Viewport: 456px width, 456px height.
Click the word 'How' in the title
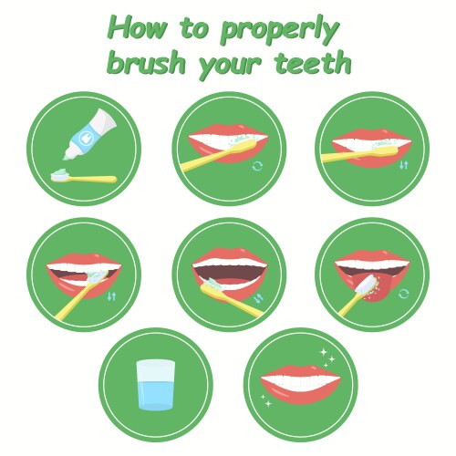(137, 28)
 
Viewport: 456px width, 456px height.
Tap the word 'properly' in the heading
(280, 32)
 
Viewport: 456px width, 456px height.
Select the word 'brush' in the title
(147, 62)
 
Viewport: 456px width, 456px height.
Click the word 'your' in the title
(230, 67)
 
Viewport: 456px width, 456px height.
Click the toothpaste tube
(90, 134)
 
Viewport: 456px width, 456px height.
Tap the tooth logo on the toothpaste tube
(84, 139)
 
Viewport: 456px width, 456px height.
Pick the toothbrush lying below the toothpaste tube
(83, 177)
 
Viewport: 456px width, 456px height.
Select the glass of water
(156, 385)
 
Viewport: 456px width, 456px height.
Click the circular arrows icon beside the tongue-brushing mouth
(403, 294)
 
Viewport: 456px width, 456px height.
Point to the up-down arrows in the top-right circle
(404, 165)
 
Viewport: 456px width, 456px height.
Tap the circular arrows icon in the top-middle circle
(257, 166)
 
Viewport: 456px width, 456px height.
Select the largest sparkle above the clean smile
(324, 352)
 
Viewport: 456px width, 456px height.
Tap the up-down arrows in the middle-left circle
(111, 296)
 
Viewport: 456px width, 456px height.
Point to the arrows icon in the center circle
(259, 298)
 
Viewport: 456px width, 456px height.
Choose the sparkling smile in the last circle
(301, 384)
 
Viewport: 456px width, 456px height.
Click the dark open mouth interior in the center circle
(230, 274)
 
